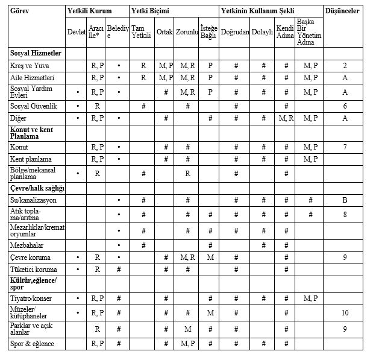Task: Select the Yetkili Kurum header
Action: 90,11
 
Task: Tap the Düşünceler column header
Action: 342,11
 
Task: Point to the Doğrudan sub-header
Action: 234,32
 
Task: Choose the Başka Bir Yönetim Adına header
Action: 310,32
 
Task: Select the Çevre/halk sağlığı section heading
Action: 37,188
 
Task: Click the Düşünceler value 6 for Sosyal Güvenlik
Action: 345,106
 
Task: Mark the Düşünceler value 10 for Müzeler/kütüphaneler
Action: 345,312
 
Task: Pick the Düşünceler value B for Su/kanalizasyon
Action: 345,200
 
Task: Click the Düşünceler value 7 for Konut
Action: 345,147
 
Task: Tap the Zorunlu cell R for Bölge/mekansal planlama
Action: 187,174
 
